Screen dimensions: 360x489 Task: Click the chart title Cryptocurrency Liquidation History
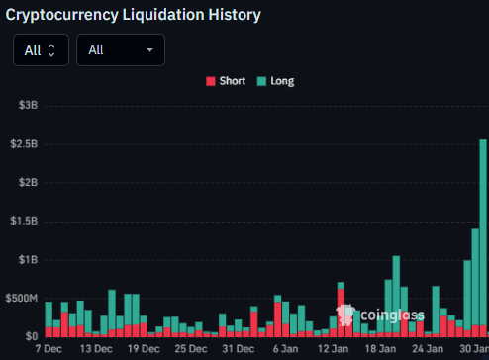coord(134,15)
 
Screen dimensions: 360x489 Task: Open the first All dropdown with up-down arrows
coord(41,49)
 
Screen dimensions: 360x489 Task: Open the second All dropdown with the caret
coord(120,49)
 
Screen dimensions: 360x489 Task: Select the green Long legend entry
coord(275,81)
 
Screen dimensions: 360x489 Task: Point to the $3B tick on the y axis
coord(27,105)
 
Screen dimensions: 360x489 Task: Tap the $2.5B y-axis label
coord(23,143)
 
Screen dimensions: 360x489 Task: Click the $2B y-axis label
coord(27,183)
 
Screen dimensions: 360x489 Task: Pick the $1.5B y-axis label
coord(23,222)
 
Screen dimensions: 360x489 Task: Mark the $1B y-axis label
coord(27,260)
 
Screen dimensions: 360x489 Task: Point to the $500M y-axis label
coord(21,299)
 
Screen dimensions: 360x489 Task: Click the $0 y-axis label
coord(31,336)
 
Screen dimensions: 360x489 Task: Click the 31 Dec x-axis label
coord(239,350)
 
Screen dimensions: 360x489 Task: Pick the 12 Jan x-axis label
coord(333,350)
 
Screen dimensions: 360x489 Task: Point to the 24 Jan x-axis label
coord(428,350)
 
